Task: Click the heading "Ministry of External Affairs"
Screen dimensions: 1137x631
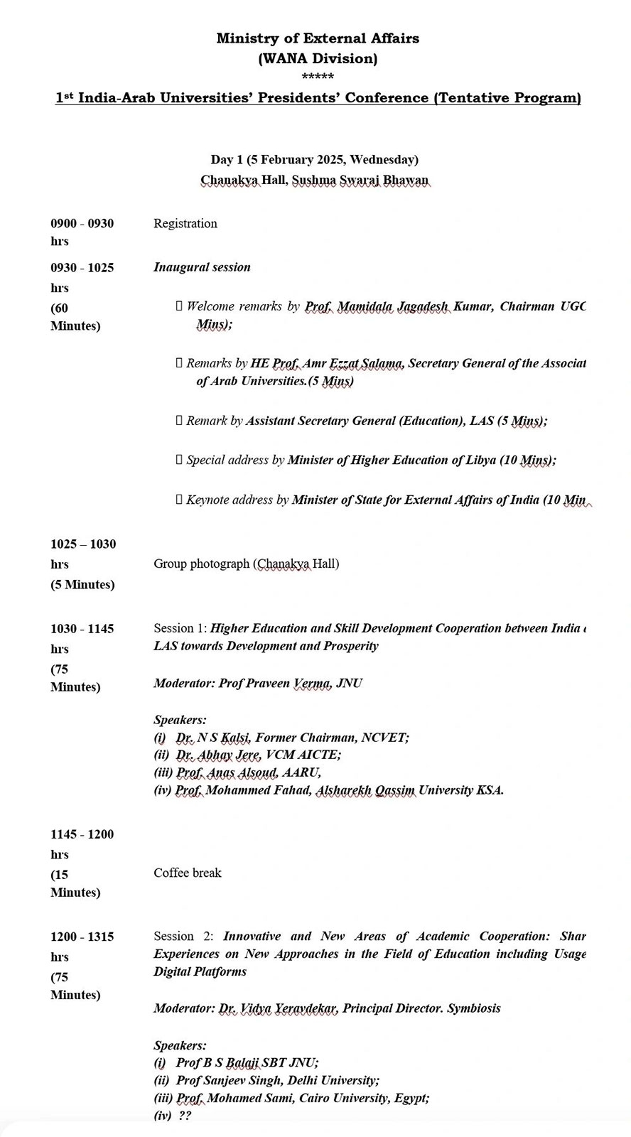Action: click(x=318, y=38)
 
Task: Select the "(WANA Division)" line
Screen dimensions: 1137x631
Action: click(x=318, y=58)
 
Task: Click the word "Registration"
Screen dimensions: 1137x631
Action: click(x=185, y=223)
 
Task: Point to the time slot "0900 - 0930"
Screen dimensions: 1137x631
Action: click(x=82, y=223)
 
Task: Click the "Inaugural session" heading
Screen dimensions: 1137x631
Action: click(x=202, y=267)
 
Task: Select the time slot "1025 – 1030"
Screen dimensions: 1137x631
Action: click(x=83, y=544)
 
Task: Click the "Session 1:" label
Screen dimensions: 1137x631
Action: click(x=180, y=628)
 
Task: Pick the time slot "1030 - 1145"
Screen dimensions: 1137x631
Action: click(x=82, y=628)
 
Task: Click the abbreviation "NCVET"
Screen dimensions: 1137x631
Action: click(x=384, y=737)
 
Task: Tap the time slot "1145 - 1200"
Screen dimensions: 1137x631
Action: click(x=82, y=834)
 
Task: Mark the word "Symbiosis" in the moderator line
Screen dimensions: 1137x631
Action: click(x=474, y=1008)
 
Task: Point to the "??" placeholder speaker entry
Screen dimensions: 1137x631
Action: click(x=185, y=1115)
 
